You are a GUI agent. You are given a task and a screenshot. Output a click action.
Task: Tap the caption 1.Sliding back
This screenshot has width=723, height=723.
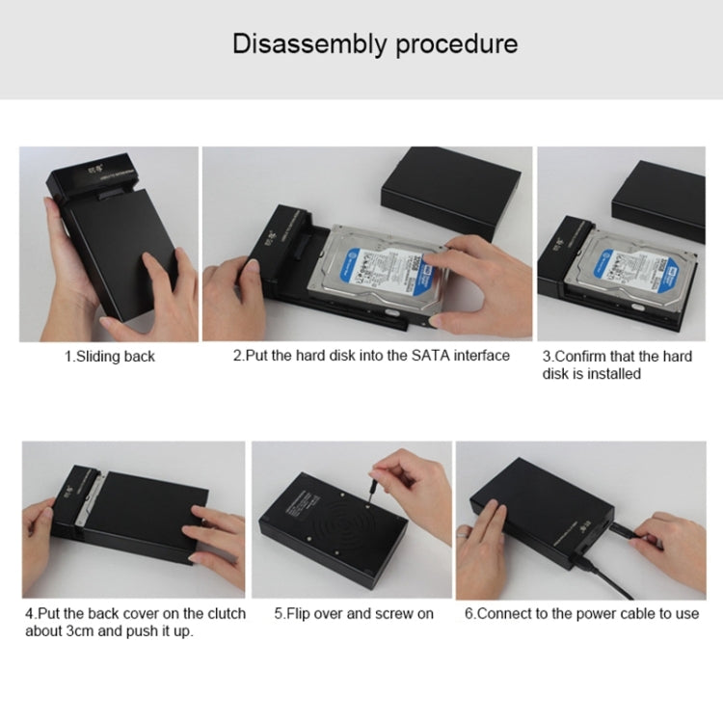click(x=109, y=356)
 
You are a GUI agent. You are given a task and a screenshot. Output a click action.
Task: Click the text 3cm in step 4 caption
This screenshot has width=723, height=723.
click(x=78, y=630)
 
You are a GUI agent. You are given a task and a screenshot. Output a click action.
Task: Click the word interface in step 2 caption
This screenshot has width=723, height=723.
click(x=476, y=356)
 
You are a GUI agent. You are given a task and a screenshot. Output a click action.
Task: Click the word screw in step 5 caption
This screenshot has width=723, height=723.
click(x=388, y=613)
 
